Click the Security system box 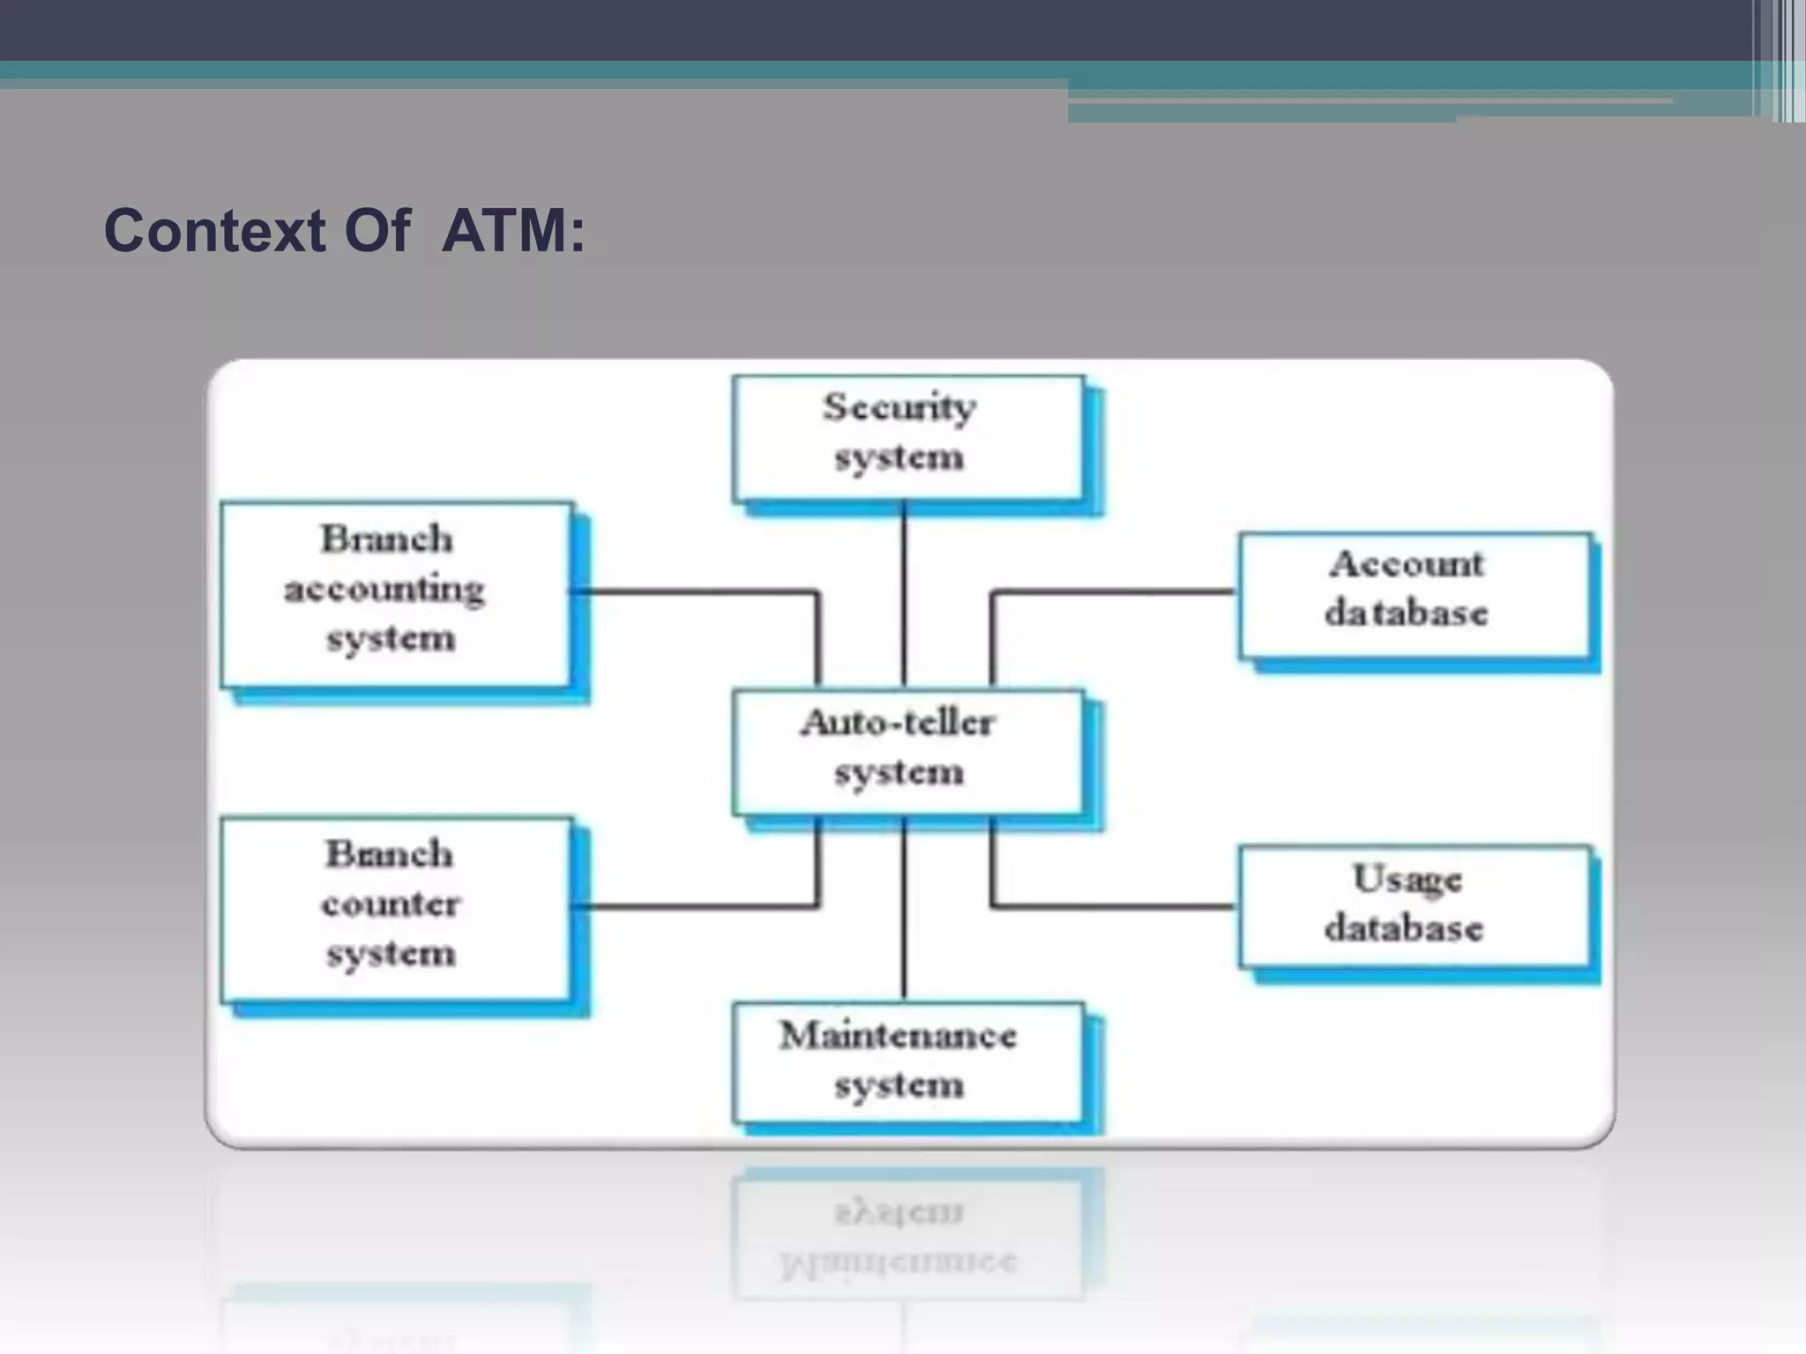coord(908,437)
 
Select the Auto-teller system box coord(908,751)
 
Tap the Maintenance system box coord(908,1061)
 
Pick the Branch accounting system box coord(396,594)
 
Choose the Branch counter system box coord(396,908)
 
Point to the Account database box coord(1414,594)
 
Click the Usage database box coord(1414,906)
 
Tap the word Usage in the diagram coord(1407,880)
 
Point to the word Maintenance coord(898,1036)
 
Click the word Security coord(899,407)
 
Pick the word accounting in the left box coord(384,589)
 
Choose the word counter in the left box coord(390,904)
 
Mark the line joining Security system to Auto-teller coord(904,595)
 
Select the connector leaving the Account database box coord(1111,591)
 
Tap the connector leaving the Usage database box coord(1111,905)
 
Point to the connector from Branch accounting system coord(697,591)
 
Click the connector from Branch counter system coord(697,905)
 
